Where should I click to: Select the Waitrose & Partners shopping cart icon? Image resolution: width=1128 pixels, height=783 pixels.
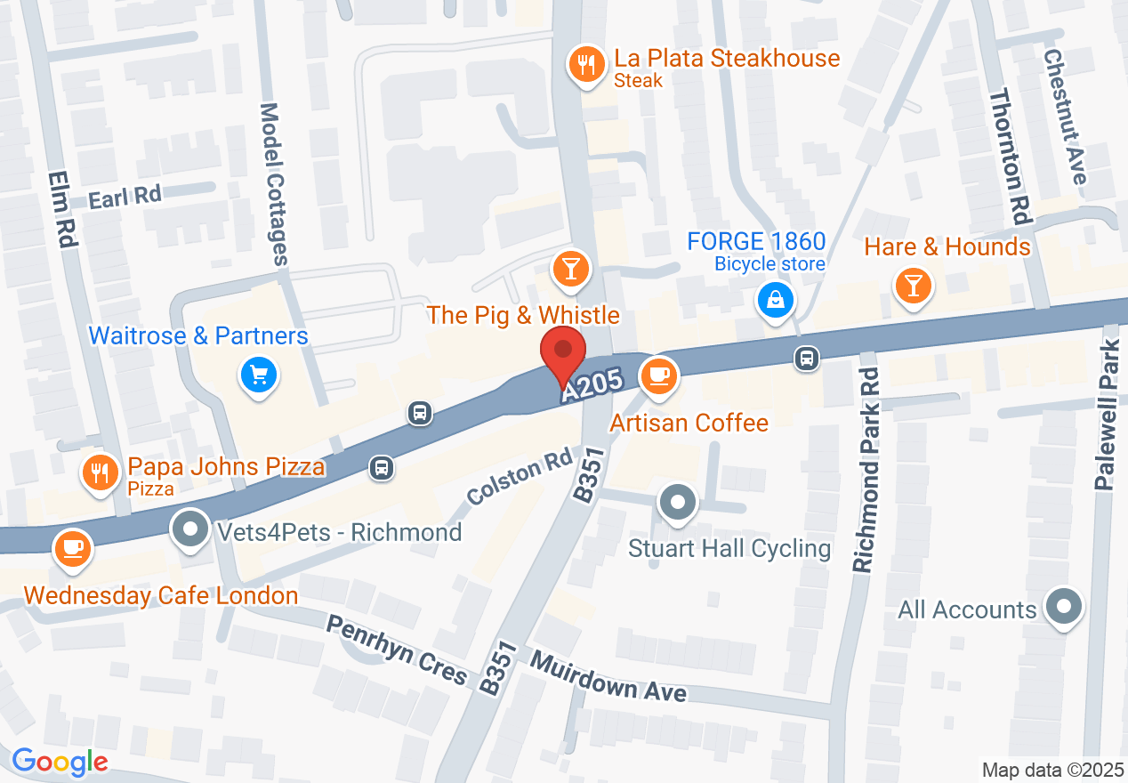259,375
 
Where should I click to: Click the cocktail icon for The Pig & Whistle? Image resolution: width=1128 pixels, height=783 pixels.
570,269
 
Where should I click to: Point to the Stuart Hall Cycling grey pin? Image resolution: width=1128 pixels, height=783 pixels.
678,503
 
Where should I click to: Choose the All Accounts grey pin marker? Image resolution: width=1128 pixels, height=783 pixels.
1062,608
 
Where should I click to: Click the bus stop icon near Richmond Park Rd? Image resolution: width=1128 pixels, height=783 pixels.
806,359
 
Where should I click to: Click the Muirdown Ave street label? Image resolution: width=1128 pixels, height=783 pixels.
609,675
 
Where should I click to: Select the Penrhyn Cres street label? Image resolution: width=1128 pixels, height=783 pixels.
397,650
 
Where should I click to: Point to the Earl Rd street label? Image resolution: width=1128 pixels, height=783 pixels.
125,198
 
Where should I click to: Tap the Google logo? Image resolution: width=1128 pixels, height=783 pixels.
60,762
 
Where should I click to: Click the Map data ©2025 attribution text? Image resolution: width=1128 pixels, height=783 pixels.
1051,770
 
